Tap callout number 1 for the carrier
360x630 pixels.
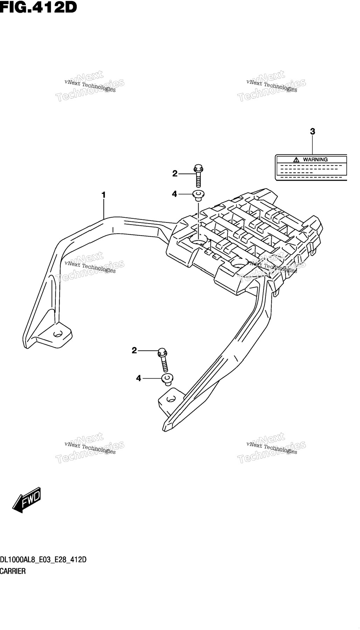point(104,194)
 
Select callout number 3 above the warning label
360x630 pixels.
point(312,132)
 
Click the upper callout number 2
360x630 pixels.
point(175,173)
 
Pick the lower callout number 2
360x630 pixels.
point(134,350)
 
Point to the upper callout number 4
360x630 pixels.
point(174,194)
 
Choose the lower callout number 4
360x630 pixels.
point(139,378)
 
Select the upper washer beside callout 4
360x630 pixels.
point(199,195)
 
